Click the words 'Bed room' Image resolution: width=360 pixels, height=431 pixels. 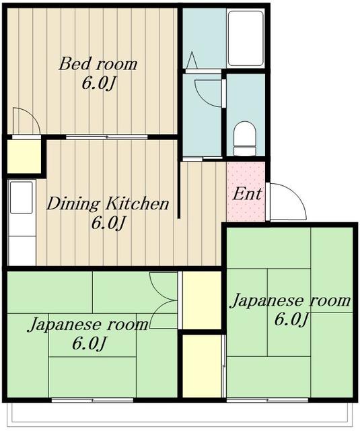coord(98,65)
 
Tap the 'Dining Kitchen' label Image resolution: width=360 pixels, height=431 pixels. coord(108,203)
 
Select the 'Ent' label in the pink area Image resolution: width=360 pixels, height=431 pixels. coord(247,194)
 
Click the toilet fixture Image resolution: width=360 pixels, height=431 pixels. coord(244,138)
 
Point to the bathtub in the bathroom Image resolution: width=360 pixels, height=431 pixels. coord(245,38)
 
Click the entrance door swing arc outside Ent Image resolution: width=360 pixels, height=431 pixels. coord(286,204)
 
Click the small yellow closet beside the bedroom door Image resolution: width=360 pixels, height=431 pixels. coord(24,156)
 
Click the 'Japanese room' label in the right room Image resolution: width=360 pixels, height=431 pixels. coord(291,300)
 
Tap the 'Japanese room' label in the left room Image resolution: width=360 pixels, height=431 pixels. coord(87,325)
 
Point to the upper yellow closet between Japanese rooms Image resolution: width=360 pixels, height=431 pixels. coord(202,300)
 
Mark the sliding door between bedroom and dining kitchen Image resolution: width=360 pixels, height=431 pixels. coord(98,137)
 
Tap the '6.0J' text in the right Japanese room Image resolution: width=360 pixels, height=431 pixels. coord(291,319)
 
